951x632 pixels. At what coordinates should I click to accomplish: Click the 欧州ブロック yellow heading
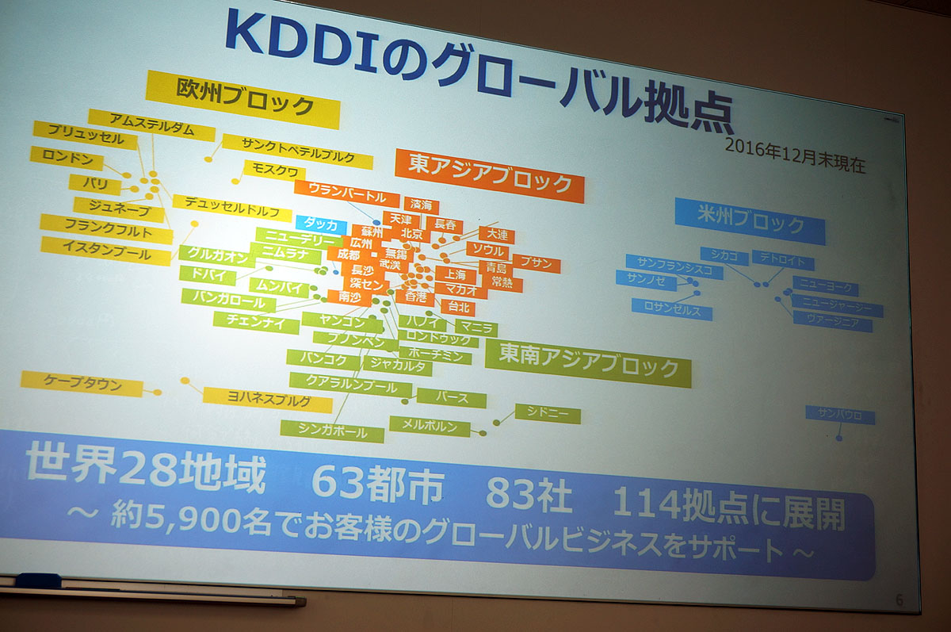pyautogui.click(x=244, y=99)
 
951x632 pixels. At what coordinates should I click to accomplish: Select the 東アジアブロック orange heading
pyautogui.click(x=489, y=174)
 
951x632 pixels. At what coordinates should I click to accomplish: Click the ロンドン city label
pyautogui.click(x=67, y=159)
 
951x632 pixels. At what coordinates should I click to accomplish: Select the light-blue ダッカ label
pyautogui.click(x=320, y=224)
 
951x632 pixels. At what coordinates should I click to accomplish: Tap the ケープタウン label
pyautogui.click(x=82, y=385)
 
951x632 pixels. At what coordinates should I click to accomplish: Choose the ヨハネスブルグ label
pyautogui.click(x=267, y=399)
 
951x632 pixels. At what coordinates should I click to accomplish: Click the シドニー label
pyautogui.click(x=548, y=414)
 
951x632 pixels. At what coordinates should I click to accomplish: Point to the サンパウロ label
pyautogui.click(x=840, y=415)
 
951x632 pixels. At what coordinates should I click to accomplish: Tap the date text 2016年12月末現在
pyautogui.click(x=795, y=155)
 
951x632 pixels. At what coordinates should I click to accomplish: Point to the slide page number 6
pyautogui.click(x=899, y=600)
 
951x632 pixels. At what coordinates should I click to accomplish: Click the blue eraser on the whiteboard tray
pyautogui.click(x=38, y=580)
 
